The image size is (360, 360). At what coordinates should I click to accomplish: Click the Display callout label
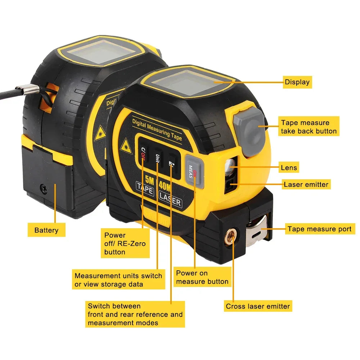(297, 82)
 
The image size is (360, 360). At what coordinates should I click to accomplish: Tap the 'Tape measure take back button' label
(309, 127)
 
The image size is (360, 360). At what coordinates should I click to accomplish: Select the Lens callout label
(289, 167)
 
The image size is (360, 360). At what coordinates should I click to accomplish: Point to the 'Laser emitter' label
(306, 185)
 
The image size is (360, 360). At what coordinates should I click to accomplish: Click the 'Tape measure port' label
(320, 229)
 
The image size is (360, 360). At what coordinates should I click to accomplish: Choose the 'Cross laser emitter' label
(258, 306)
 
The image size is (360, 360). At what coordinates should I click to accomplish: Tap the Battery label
(46, 230)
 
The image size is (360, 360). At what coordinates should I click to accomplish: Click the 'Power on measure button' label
(202, 277)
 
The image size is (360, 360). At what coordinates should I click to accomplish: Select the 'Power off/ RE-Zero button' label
(125, 244)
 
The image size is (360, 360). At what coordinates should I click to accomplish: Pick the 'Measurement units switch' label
(118, 280)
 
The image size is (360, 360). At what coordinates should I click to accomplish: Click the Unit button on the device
(157, 158)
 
